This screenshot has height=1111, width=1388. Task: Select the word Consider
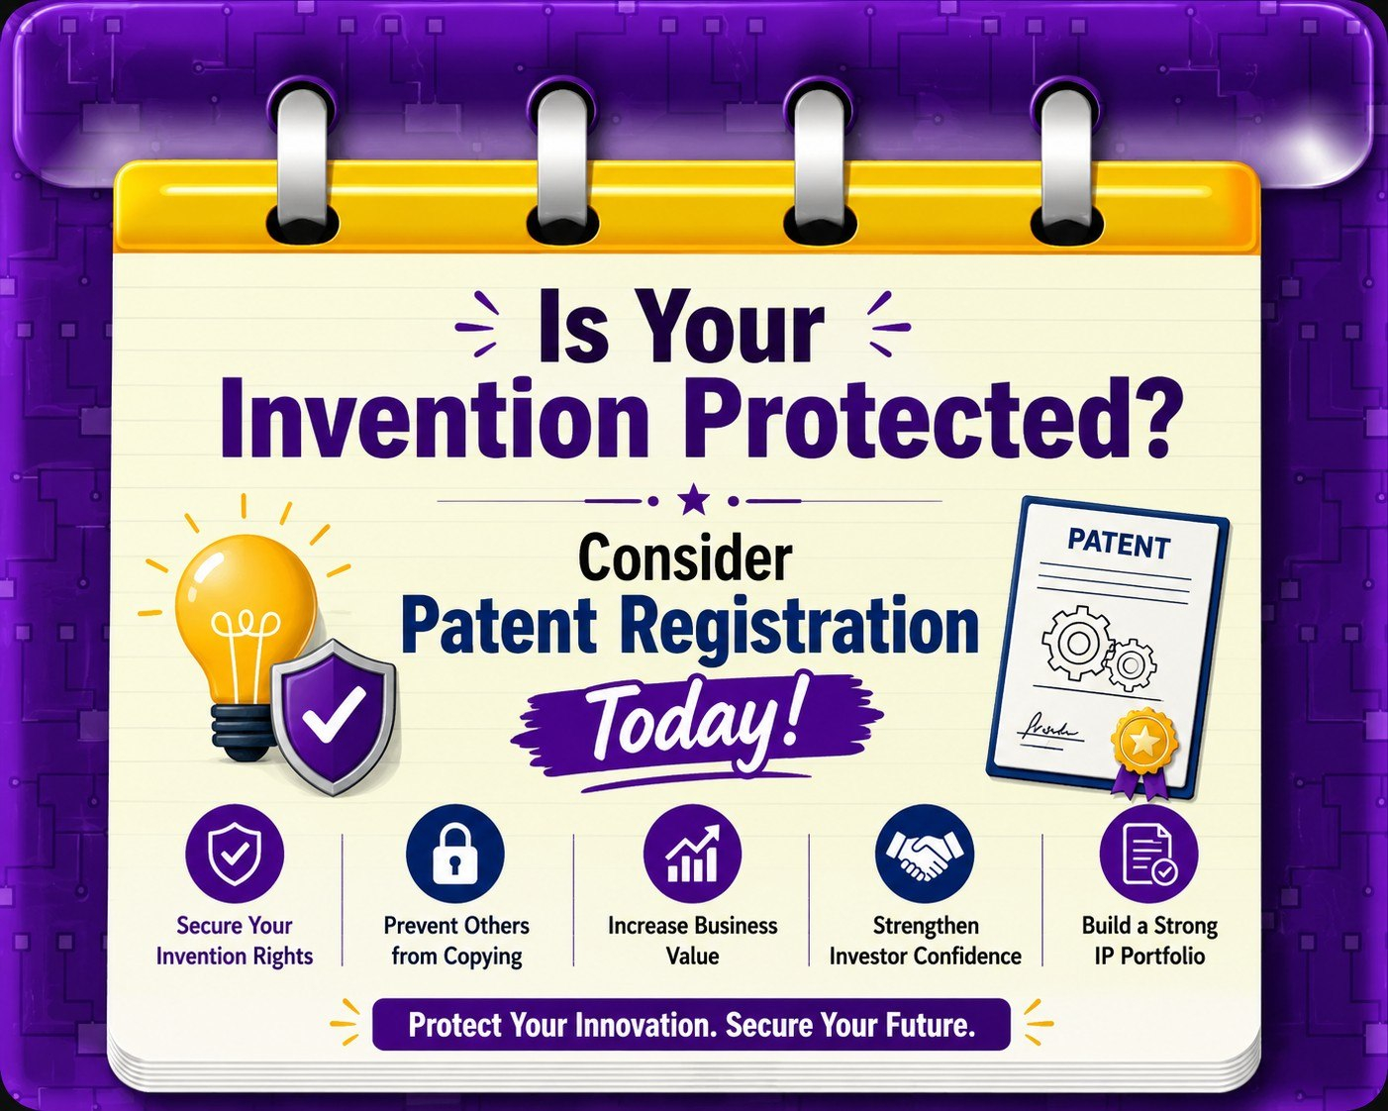tap(685, 558)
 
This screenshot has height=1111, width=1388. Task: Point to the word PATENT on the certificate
tap(1118, 544)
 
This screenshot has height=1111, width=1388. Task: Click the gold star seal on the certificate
tap(1144, 741)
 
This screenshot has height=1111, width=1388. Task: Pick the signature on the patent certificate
tap(1046, 729)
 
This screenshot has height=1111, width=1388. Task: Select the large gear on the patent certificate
tap(1075, 642)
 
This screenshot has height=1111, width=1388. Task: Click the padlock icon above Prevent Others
tap(455, 854)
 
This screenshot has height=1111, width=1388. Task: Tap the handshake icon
tap(925, 854)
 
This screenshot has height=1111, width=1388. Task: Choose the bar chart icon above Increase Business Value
tap(693, 854)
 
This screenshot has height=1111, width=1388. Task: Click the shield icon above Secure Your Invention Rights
tap(234, 854)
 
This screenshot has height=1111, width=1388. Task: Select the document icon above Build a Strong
tap(1148, 855)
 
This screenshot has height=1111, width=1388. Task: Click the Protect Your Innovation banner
tap(691, 1025)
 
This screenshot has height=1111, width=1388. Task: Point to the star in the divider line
tap(693, 499)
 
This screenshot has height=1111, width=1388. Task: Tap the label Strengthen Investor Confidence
tap(926, 941)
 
